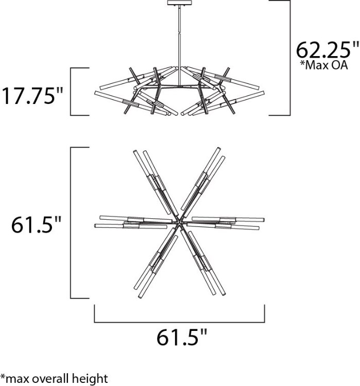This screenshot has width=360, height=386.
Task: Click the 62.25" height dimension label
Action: click(327, 50)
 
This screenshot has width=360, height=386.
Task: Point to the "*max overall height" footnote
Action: click(54, 379)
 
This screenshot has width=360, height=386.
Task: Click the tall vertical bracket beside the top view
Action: click(71, 223)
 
